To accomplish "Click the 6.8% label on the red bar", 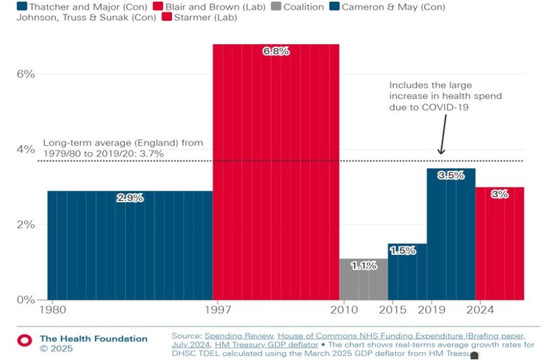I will [276, 52].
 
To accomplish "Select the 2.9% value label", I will [130, 198].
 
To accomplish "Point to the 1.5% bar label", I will [403, 250].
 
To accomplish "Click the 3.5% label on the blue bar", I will [451, 175].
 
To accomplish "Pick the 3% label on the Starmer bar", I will [499, 194].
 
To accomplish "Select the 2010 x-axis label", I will [340, 310].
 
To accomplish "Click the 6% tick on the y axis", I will [25, 74].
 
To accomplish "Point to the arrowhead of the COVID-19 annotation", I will [441, 153].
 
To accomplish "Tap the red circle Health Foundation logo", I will [25, 341].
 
